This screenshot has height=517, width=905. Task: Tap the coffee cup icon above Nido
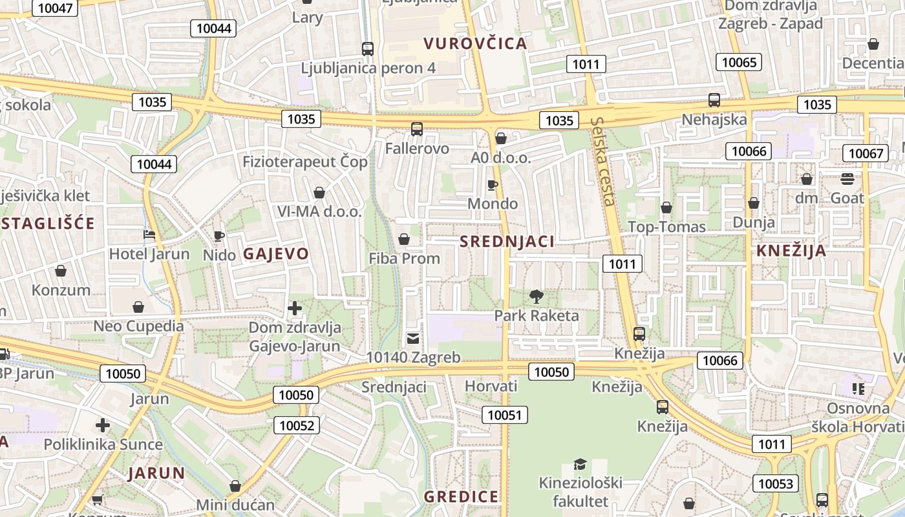[x=218, y=236]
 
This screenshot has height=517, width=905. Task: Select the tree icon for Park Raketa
[x=536, y=297]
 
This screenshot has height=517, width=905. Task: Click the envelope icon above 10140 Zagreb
[x=413, y=338]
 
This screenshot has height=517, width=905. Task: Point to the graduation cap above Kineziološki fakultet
[x=580, y=464]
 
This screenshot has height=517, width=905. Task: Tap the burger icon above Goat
[x=847, y=179]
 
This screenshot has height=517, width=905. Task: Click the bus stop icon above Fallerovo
[x=417, y=129]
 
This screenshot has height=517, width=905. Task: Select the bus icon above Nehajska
[x=714, y=100]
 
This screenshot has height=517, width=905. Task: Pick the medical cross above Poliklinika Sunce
[x=103, y=425]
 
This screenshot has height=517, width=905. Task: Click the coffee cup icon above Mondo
[x=493, y=185]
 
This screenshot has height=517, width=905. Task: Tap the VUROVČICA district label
[x=475, y=44]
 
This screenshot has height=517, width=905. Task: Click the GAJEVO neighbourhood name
[x=276, y=254]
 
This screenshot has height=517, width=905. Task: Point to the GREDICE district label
[x=461, y=497]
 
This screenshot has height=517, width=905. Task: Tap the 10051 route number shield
[x=504, y=415]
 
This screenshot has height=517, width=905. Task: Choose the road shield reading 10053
[x=775, y=483]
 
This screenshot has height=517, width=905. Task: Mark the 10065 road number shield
[x=738, y=62]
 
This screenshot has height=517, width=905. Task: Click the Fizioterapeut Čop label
[x=305, y=162]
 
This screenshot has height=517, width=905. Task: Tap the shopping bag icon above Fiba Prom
[x=404, y=240]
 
